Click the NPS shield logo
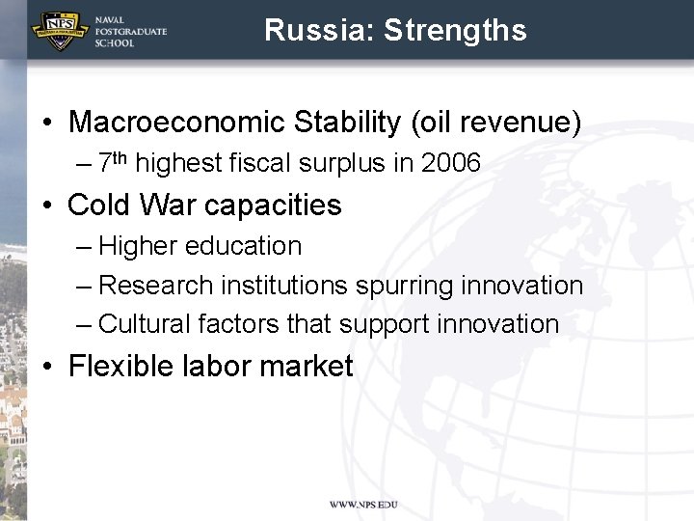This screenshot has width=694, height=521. click(60, 31)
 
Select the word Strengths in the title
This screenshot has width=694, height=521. click(455, 30)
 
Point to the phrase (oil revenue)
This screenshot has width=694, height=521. click(496, 123)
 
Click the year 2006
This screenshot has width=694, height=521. click(450, 163)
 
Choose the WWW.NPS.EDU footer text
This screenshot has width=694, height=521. click(362, 505)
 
